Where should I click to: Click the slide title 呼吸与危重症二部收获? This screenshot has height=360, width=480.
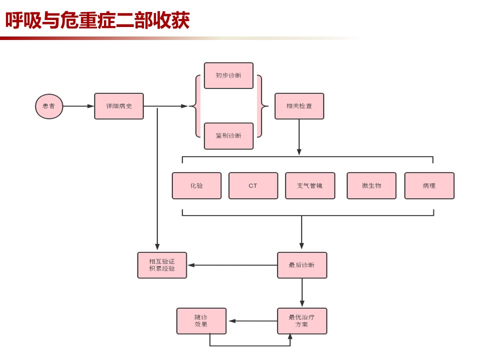pyautogui.click(x=97, y=20)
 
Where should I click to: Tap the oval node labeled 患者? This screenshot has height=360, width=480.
pyautogui.click(x=49, y=106)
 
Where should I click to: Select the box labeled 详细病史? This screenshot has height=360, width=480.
pyautogui.click(x=119, y=106)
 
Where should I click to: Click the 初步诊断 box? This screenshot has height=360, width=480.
pyautogui.click(x=228, y=75)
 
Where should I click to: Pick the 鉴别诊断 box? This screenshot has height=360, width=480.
pyautogui.click(x=228, y=136)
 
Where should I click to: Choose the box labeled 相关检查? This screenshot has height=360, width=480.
pyautogui.click(x=299, y=106)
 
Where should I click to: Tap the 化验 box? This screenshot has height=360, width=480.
pyautogui.click(x=196, y=186)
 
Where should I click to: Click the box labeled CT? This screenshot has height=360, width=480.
pyautogui.click(x=253, y=186)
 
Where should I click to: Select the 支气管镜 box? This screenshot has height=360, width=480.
pyautogui.click(x=310, y=186)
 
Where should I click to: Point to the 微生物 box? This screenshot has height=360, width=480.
pyautogui.click(x=371, y=186)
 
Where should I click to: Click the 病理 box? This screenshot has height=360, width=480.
pyautogui.click(x=429, y=186)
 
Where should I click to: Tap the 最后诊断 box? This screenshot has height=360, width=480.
pyautogui.click(x=302, y=265)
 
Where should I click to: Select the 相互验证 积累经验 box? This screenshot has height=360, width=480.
pyautogui.click(x=162, y=265)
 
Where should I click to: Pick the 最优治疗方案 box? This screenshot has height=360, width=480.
pyautogui.click(x=302, y=321)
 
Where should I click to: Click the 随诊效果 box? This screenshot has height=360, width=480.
pyautogui.click(x=201, y=321)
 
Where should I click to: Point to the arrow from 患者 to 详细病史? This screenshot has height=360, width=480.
pyautogui.click(x=78, y=106)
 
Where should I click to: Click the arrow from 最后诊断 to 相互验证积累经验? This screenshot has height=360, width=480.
pyautogui.click(x=232, y=265)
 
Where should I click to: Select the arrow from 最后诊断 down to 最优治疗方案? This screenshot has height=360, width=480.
pyautogui.click(x=302, y=293)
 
